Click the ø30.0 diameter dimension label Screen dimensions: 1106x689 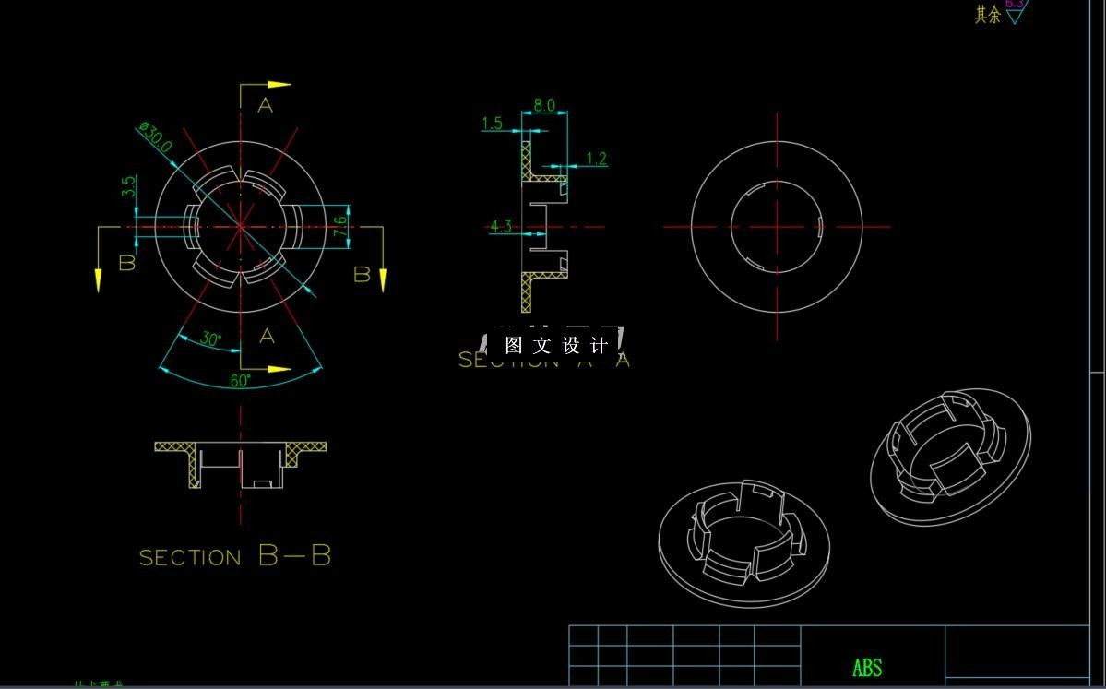click(155, 137)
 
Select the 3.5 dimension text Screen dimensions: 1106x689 click(129, 187)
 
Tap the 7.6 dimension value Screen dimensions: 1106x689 click(340, 225)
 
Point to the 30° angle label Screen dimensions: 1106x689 click(211, 339)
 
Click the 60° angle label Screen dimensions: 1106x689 click(241, 381)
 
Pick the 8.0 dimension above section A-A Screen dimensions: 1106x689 click(544, 105)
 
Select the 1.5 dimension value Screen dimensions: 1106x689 click(493, 124)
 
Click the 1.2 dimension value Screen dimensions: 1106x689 click(597, 159)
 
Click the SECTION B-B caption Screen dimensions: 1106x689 click(235, 556)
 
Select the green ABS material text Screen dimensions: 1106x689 click(867, 668)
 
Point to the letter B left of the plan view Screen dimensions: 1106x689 click(127, 262)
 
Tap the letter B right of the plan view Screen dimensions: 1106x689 click(363, 274)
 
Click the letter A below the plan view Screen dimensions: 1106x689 click(267, 336)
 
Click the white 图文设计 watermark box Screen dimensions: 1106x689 click(556, 346)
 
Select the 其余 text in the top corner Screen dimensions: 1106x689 click(988, 15)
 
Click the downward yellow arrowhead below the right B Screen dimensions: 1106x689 click(382, 280)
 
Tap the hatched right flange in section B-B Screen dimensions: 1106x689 click(305, 449)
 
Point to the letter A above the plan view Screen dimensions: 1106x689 click(266, 106)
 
